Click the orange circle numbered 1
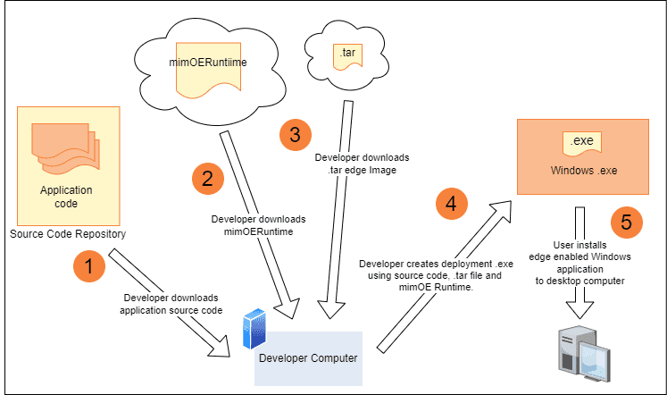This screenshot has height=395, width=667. coord(89,266)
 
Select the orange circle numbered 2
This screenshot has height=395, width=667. coord(207,179)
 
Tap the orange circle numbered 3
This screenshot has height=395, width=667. coord(296,135)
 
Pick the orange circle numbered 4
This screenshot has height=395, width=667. coord(451,204)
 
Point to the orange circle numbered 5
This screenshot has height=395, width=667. coord(626,223)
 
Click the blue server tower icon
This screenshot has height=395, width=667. coord(254,329)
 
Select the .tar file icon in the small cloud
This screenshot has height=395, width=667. coord(347,56)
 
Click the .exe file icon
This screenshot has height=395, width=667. coord(582,144)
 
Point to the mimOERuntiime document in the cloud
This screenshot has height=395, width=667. coord(208,71)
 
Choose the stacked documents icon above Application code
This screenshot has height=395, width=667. coord(65,148)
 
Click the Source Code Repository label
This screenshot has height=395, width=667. coord(68,233)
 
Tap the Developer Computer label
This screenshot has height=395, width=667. coord(308,358)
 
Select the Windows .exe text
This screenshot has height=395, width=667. coord(584,171)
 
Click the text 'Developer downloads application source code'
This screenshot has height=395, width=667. coord(171,304)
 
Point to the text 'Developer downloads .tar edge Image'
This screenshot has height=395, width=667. coord(362,164)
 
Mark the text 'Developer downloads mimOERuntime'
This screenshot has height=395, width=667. coord(258,225)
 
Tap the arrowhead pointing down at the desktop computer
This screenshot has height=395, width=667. coord(579,309)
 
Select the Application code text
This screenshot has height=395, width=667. coord(66,197)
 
